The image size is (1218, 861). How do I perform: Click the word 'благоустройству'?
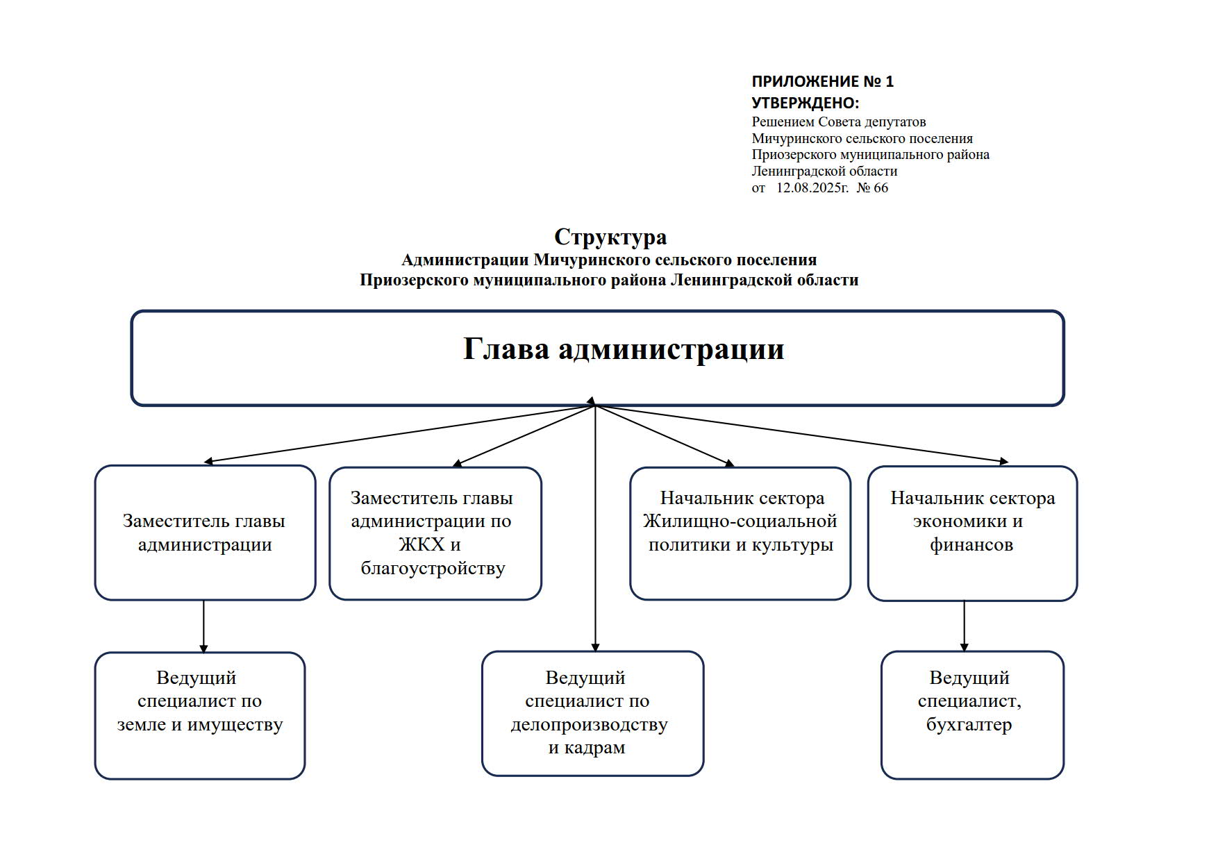pyautogui.click(x=433, y=569)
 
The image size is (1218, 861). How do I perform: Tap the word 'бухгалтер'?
pyautogui.click(x=969, y=725)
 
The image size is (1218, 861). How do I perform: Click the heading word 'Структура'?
pyautogui.click(x=610, y=237)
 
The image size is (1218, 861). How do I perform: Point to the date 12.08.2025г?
pyautogui.click(x=812, y=188)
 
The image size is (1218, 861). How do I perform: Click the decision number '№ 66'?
pyautogui.click(x=872, y=188)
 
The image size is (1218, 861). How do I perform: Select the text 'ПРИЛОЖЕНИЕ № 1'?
pyautogui.click(x=823, y=82)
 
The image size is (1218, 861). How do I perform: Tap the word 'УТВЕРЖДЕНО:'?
pyautogui.click(x=806, y=103)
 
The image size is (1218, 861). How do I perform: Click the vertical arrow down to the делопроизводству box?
pyautogui.click(x=595, y=528)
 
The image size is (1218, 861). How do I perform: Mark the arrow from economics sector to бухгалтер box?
pyautogui.click(x=964, y=626)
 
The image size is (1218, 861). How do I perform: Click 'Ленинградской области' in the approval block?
pyautogui.click(x=824, y=172)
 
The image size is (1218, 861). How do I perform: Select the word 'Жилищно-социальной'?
pyautogui.click(x=740, y=521)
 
